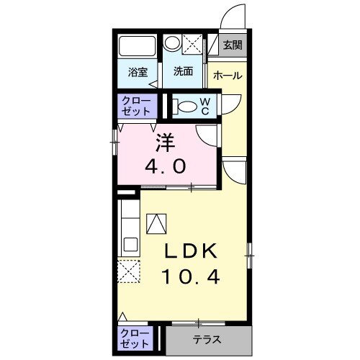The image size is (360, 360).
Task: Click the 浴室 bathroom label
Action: click(x=138, y=72)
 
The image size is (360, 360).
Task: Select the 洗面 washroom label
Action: click(x=183, y=72)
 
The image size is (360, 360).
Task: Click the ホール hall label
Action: click(x=228, y=76)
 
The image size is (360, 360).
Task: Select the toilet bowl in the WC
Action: click(x=185, y=107)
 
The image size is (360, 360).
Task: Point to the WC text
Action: click(x=204, y=107)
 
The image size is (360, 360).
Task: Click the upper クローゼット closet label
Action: click(x=135, y=106)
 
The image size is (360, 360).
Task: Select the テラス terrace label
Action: click(x=207, y=339)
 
